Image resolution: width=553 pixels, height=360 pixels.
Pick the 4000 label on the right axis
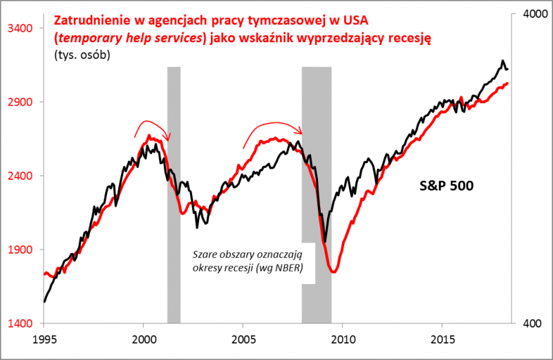[531, 15]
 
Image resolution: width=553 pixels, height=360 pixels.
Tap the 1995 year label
[44, 339]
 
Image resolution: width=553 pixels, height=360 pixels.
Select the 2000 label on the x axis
[143, 339]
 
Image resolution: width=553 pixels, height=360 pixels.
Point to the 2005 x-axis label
[243, 339]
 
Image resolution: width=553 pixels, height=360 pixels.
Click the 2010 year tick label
[342, 339]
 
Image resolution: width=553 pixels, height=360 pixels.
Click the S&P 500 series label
[447, 186]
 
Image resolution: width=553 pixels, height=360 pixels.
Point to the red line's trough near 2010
[334, 272]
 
